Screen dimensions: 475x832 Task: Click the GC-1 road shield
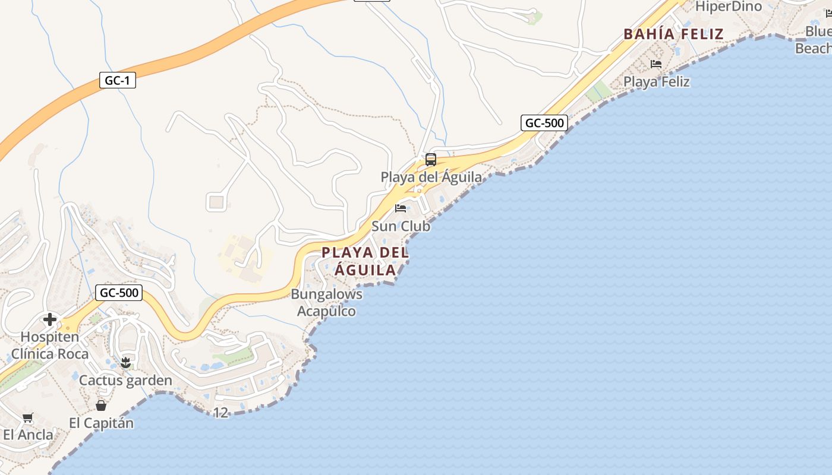pos(118,80)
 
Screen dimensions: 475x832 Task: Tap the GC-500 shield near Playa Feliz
pos(544,123)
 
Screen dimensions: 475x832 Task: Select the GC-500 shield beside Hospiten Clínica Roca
pos(119,292)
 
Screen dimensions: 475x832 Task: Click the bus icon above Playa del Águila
pos(431,160)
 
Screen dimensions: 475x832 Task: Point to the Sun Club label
pos(401,226)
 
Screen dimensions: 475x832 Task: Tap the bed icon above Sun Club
pos(401,208)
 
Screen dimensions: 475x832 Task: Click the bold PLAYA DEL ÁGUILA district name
pos(365,261)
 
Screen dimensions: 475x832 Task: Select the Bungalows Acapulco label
pos(326,303)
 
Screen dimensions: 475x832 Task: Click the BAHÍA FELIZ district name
pos(673,34)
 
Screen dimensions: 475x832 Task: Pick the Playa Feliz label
pos(657,81)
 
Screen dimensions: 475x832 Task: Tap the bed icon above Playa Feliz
pos(656,64)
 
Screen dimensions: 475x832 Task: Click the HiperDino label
pos(729,7)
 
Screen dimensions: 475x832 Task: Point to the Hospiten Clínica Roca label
pos(50,346)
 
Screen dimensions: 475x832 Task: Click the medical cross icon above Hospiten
pos(50,319)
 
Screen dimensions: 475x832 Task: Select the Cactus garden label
pos(125,381)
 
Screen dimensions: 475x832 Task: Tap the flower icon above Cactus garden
pos(125,362)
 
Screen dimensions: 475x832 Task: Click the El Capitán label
pos(101,423)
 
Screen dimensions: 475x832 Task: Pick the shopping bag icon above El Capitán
pos(101,406)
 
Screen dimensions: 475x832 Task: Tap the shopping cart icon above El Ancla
pos(28,417)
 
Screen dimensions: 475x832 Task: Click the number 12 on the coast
pos(220,412)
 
